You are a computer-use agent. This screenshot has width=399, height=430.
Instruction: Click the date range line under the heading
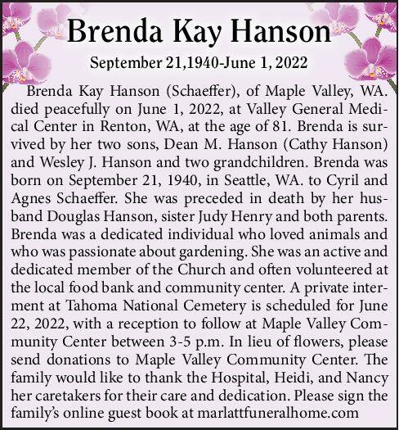199,64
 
